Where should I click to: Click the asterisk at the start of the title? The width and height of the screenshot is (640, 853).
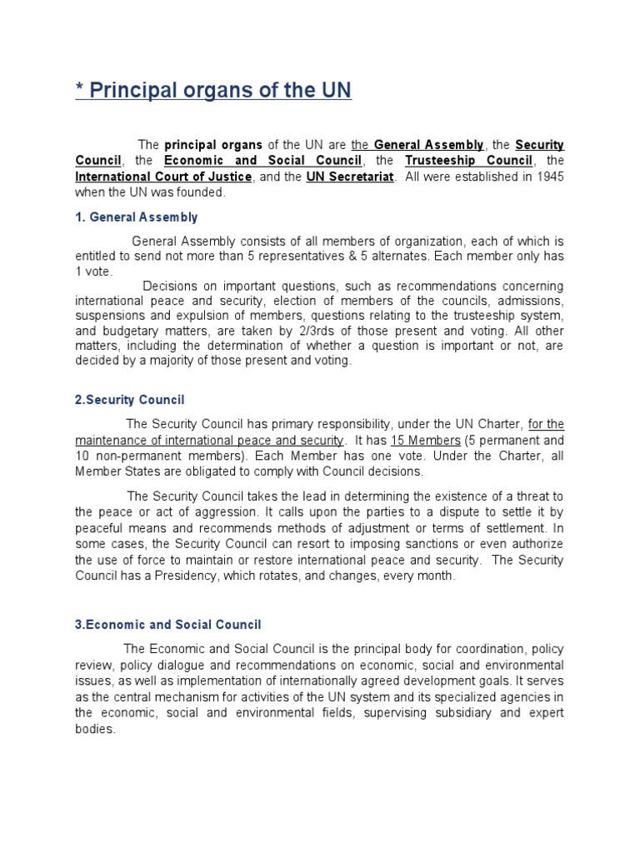(x=80, y=91)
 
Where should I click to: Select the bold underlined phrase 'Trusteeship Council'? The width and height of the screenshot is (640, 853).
(x=469, y=161)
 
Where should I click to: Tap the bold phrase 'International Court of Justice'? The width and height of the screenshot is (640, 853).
(x=163, y=177)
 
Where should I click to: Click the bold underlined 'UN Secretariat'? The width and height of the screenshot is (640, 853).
(x=349, y=177)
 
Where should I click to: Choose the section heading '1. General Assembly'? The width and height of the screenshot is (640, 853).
(x=137, y=217)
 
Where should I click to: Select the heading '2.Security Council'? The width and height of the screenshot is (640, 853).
(x=130, y=400)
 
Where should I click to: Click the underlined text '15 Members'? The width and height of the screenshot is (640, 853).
(x=432, y=440)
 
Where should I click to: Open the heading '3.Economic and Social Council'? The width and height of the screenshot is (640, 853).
(x=168, y=624)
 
